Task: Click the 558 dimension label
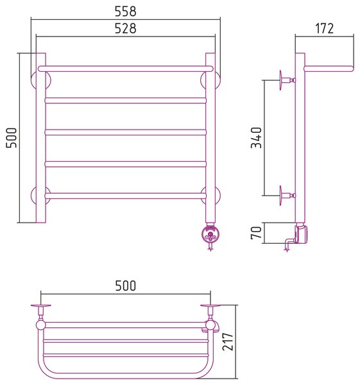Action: coord(126,12)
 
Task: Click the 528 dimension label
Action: coord(126,28)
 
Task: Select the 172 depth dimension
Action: coord(325,28)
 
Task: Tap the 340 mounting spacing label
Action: coord(257,137)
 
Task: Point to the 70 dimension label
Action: coord(257,233)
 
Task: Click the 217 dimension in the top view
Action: coord(228,341)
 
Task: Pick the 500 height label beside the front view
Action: coord(12,137)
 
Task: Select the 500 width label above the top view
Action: coord(126,286)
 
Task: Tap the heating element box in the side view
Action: coord(302,234)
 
